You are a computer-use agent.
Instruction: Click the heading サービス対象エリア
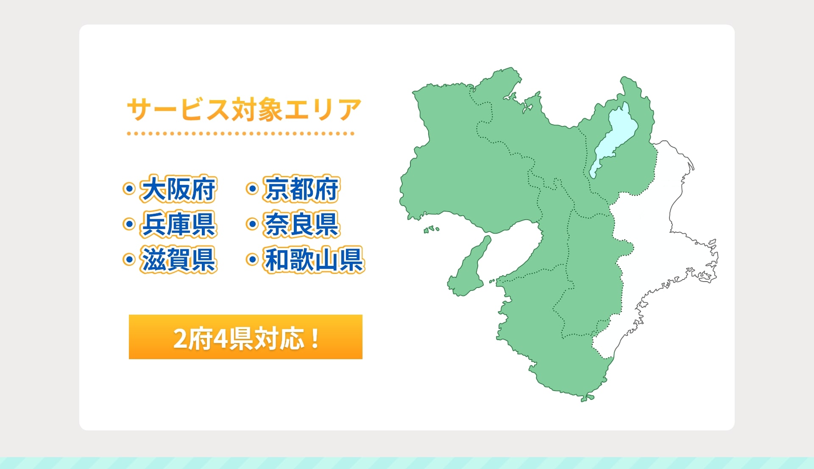click(x=244, y=109)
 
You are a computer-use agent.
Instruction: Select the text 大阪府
click(x=178, y=189)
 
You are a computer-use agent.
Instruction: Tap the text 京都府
click(x=302, y=189)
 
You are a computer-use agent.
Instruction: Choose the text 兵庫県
click(x=178, y=224)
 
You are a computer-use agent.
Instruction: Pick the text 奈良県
click(x=302, y=224)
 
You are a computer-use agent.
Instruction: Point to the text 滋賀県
click(x=178, y=260)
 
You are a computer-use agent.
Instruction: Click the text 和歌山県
click(x=314, y=260)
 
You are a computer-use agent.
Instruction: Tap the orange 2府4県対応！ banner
click(x=245, y=337)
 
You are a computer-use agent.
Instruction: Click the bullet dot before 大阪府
click(x=129, y=188)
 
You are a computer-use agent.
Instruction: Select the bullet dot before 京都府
click(x=252, y=188)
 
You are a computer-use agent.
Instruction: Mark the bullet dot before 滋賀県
click(x=129, y=259)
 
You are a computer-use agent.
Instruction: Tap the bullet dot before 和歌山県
click(x=252, y=259)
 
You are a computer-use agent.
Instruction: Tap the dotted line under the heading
click(x=240, y=134)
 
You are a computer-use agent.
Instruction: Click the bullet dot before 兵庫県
click(x=129, y=224)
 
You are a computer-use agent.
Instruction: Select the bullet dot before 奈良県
click(x=252, y=224)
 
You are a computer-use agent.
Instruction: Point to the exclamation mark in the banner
click(x=315, y=338)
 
